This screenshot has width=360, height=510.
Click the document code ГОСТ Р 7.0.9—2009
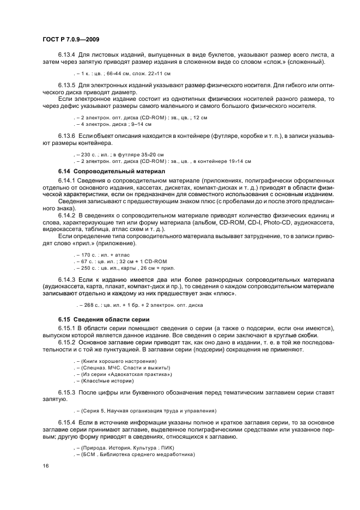pyautogui.click(x=70, y=39)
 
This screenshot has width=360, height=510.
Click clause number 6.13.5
pyautogui.click(x=67, y=86)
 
